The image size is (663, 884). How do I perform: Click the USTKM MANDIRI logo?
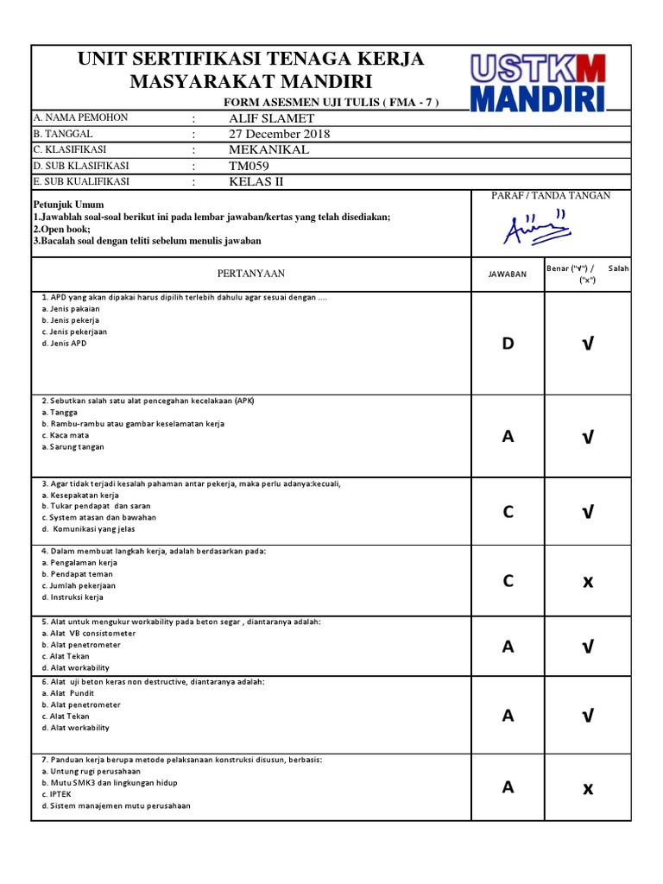[538, 82]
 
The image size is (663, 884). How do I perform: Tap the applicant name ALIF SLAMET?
[271, 118]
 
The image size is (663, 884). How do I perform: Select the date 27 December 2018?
[279, 134]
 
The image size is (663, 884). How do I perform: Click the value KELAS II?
[256, 181]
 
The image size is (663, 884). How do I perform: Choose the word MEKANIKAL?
[268, 149]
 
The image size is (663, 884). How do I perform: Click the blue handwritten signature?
[537, 228]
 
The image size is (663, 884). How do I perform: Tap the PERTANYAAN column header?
[250, 274]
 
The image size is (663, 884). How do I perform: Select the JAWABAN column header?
[508, 275]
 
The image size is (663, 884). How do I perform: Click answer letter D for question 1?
[508, 344]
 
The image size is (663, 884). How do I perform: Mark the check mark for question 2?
[588, 437]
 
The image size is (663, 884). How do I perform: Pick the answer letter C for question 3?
[508, 512]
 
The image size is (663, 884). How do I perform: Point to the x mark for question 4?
[588, 581]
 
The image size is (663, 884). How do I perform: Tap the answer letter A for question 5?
[508, 647]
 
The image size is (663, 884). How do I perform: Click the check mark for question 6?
[588, 715]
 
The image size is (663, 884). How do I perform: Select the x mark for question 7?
[588, 787]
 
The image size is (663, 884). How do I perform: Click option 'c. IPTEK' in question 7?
[56, 794]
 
